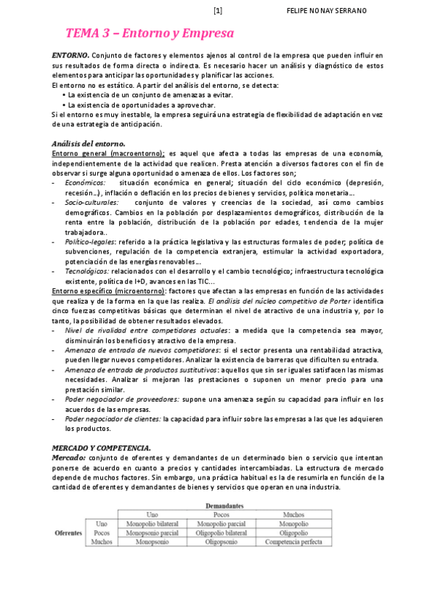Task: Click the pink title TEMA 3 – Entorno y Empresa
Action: click(x=150, y=33)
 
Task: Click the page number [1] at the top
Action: click(x=218, y=11)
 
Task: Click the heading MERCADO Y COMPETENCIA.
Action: click(x=101, y=447)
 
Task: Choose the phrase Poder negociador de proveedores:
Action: click(x=121, y=399)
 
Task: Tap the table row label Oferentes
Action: click(x=69, y=532)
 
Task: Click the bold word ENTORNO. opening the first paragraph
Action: click(x=70, y=55)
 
